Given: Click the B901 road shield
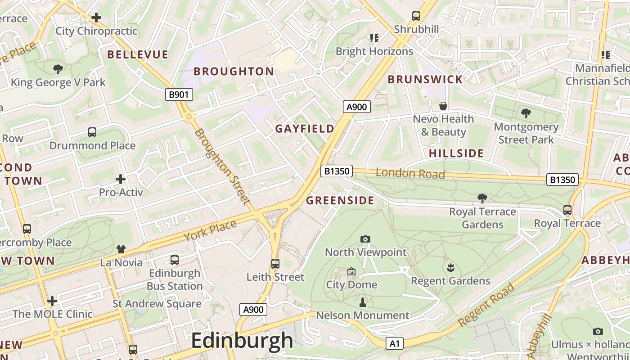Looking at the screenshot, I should pyautogui.click(x=179, y=94).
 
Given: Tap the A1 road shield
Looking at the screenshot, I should pyautogui.click(x=394, y=344).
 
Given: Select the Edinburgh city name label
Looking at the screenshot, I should pyautogui.click(x=242, y=341).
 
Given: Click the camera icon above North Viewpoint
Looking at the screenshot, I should pyautogui.click(x=365, y=239).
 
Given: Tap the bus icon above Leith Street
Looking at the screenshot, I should pyautogui.click(x=275, y=264).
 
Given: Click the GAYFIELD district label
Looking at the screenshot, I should pyautogui.click(x=305, y=129).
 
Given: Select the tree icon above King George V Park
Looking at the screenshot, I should pyautogui.click(x=58, y=69).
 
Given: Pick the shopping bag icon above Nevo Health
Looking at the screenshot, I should pyautogui.click(x=443, y=106).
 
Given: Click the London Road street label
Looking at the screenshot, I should pyautogui.click(x=410, y=173).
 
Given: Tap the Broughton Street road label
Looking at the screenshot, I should pyautogui.click(x=223, y=166).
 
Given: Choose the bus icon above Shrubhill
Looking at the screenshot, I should pyautogui.click(x=416, y=16).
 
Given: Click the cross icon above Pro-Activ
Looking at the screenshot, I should pyautogui.click(x=121, y=179).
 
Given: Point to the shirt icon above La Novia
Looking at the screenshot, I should pyautogui.click(x=121, y=249).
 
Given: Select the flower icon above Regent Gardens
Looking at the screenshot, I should pyautogui.click(x=450, y=268).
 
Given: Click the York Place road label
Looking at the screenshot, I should pyautogui.click(x=210, y=230).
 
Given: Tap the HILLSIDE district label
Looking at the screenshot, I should pyautogui.click(x=456, y=153).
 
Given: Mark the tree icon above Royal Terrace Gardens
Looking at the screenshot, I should pyautogui.click(x=482, y=198).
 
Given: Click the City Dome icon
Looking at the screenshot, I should pyautogui.click(x=351, y=271).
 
